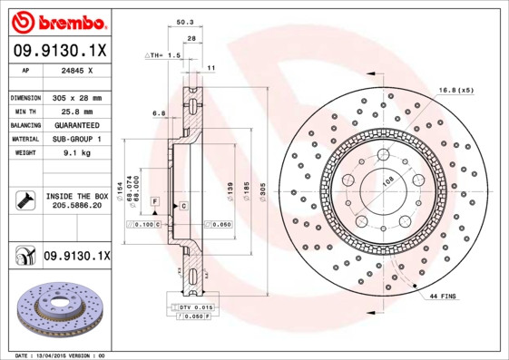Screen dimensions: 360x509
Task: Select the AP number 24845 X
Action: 76,69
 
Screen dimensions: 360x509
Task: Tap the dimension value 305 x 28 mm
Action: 76,97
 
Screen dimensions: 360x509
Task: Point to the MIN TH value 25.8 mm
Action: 76,111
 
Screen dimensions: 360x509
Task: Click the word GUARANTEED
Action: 76,125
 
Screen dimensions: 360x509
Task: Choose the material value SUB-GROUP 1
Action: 76,140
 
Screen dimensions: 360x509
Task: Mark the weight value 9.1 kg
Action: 76,153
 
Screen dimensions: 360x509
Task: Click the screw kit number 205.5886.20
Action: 76,206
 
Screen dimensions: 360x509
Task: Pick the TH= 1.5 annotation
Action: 164,55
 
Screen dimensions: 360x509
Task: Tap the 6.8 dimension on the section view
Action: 159,113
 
